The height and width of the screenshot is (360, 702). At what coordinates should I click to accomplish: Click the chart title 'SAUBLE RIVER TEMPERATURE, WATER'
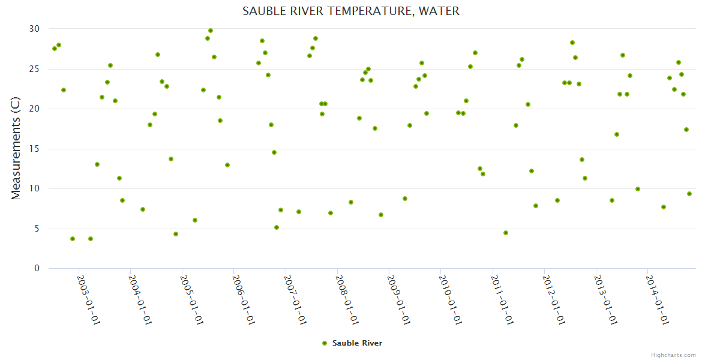[x=351, y=11]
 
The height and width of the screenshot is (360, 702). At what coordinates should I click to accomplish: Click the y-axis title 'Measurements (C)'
[x=16, y=149]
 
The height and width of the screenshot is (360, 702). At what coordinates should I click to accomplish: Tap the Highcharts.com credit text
[x=673, y=355]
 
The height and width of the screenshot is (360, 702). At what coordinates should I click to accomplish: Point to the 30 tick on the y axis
[x=34, y=29]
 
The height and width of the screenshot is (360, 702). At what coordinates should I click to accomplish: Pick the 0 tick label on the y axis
[x=37, y=269]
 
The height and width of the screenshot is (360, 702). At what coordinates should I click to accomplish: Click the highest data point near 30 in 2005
[x=211, y=31]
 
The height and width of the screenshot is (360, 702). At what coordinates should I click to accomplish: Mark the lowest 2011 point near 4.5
[x=506, y=233]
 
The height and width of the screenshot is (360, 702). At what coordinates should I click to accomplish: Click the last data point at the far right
[x=689, y=194]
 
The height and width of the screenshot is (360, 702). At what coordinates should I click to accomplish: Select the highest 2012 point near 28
[x=572, y=43]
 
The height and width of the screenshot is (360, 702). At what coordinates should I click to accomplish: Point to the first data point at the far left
[x=55, y=49]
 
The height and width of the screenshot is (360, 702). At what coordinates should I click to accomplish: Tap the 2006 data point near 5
[x=277, y=227]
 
